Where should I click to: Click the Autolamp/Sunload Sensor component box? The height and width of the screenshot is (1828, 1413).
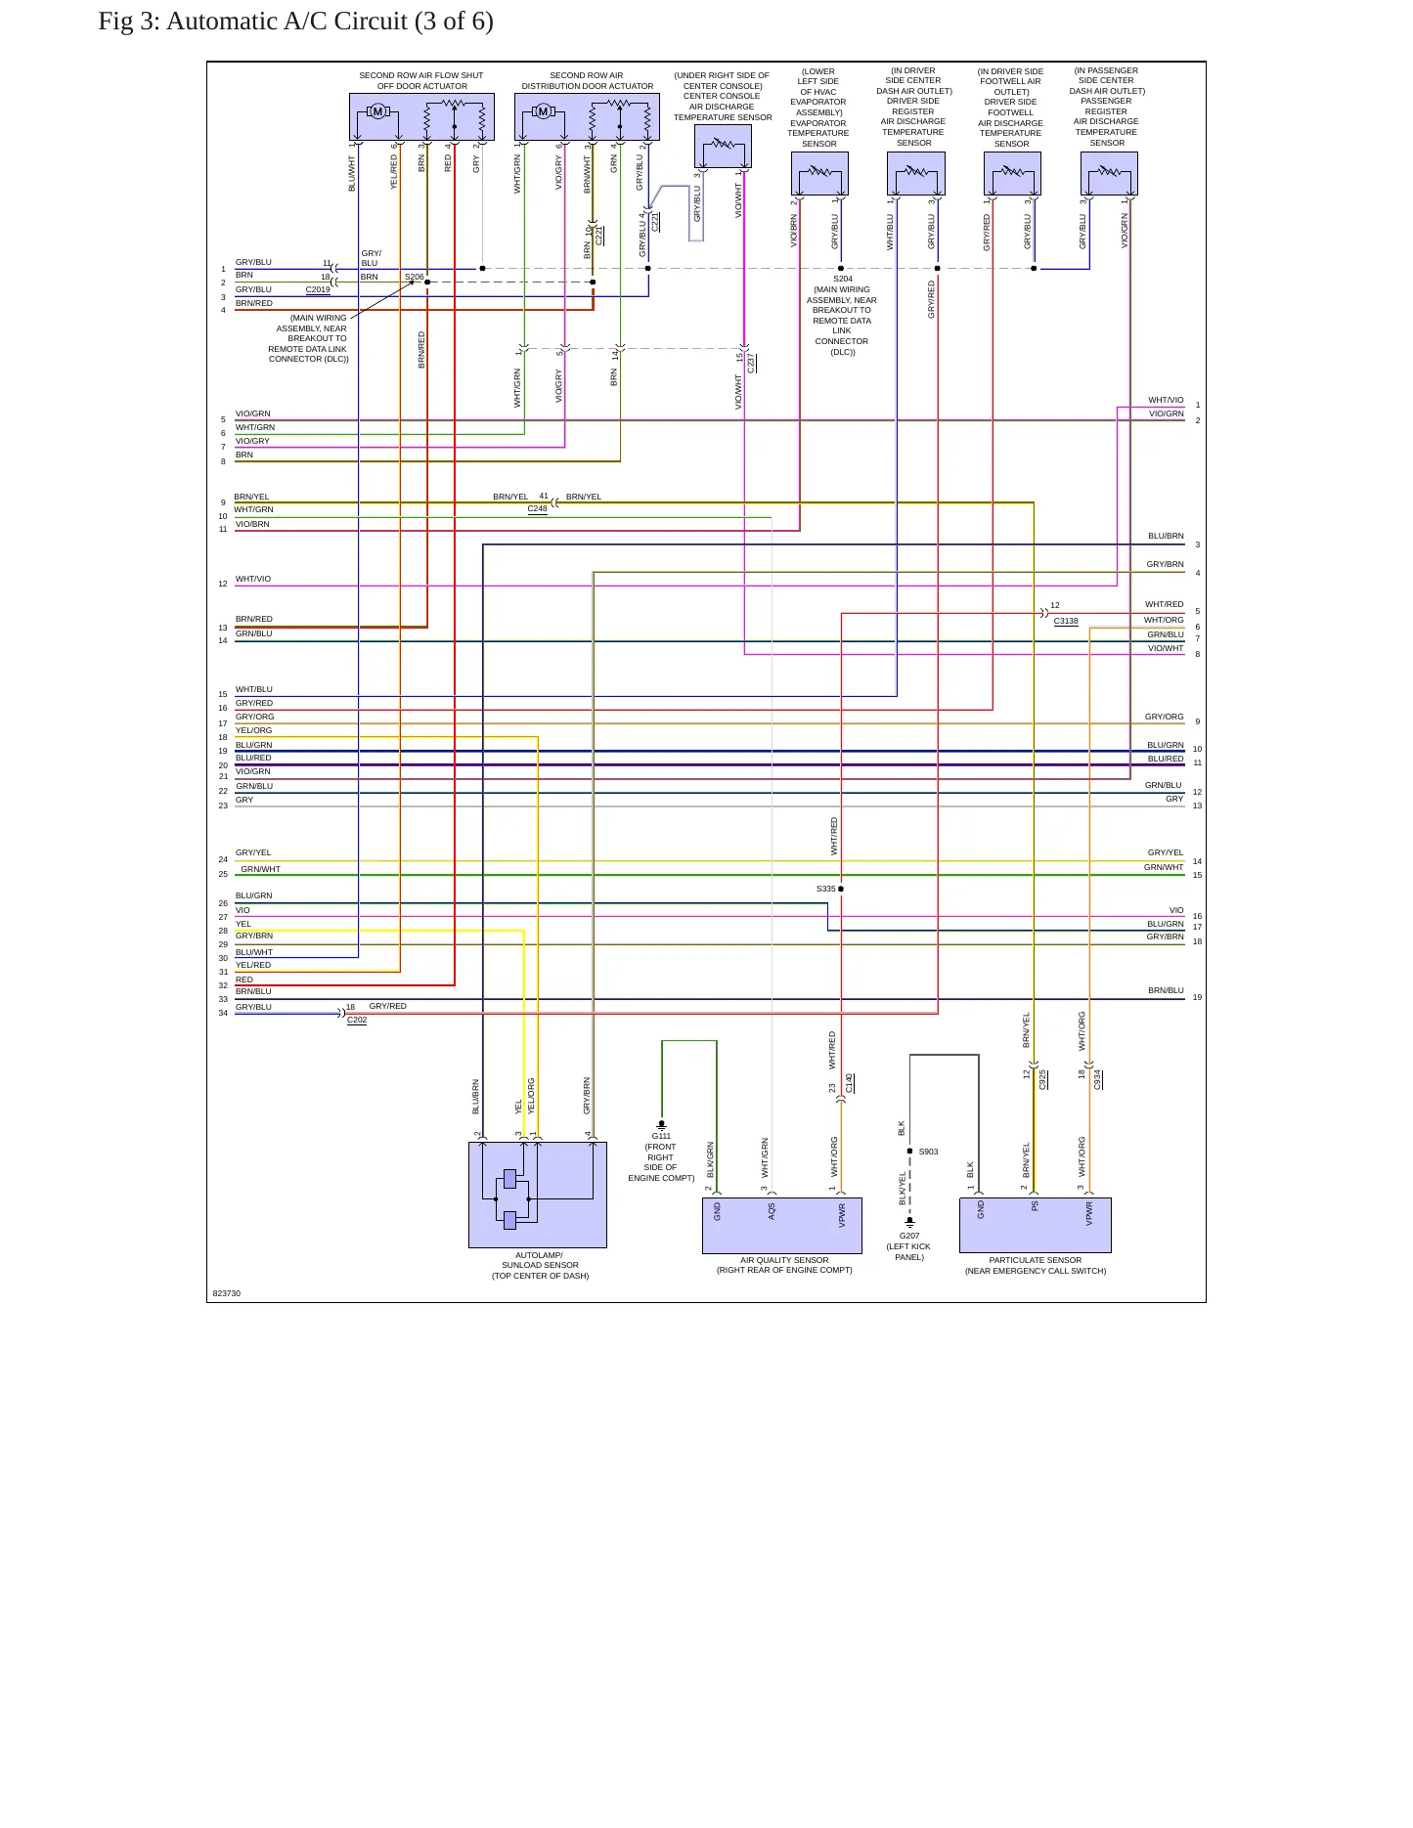click(538, 1195)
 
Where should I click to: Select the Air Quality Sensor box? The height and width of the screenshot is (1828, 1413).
click(782, 1226)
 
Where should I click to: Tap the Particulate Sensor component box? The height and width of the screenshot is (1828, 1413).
click(1036, 1225)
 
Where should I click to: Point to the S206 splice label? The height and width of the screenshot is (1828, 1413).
click(415, 277)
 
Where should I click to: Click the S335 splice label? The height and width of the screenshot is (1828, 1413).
click(826, 889)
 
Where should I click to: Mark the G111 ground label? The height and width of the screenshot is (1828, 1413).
click(662, 1136)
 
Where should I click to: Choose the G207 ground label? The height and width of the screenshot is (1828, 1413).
click(909, 1236)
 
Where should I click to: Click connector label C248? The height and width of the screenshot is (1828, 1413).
click(538, 508)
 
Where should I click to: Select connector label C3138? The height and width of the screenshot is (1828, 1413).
click(1066, 621)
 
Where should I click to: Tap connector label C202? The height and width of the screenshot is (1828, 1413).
click(357, 1020)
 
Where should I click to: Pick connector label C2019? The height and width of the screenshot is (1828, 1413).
click(318, 289)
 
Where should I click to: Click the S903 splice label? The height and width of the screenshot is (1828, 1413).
click(928, 1152)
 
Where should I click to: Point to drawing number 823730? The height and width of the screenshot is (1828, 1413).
click(227, 1293)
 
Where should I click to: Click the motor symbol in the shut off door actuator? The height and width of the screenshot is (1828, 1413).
click(377, 111)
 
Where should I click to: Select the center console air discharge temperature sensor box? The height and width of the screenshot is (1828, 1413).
click(723, 147)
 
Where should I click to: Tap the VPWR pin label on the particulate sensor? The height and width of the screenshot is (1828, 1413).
click(1089, 1213)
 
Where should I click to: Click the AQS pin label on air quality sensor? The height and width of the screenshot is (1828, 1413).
click(772, 1211)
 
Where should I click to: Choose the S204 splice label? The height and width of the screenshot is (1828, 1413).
click(843, 279)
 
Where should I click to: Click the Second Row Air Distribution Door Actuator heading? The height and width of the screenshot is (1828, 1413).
click(587, 80)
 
